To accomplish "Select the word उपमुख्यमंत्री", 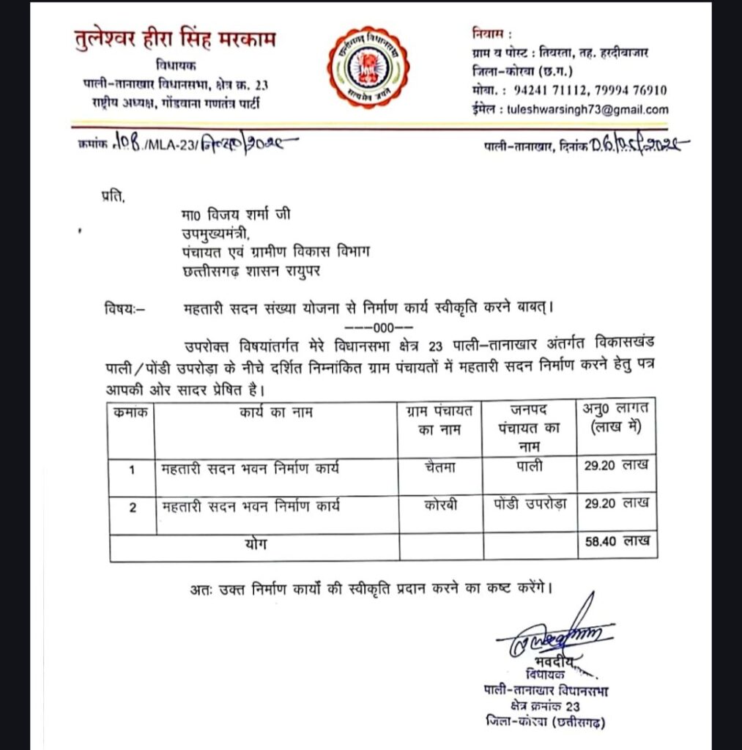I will (x=216, y=234).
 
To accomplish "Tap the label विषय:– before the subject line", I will (x=125, y=309).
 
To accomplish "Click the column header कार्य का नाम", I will (x=275, y=412).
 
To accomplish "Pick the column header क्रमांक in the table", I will (x=132, y=412).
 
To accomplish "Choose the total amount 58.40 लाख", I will (x=617, y=543).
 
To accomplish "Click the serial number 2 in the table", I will (x=133, y=506).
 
